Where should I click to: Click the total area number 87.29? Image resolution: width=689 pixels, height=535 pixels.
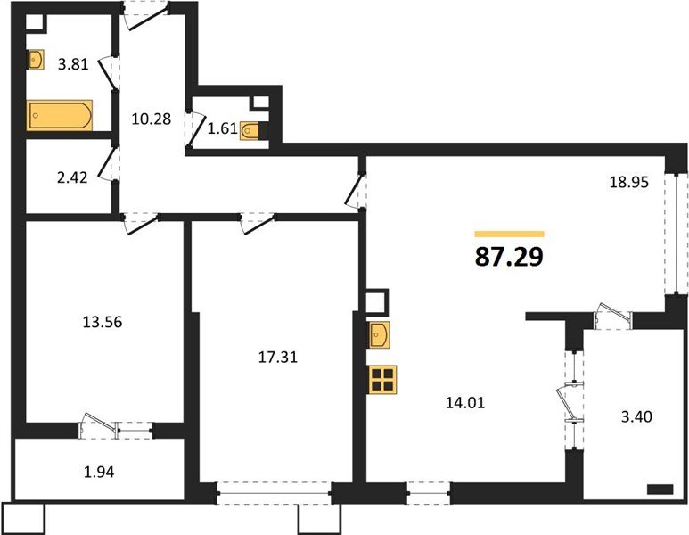click(x=509, y=257)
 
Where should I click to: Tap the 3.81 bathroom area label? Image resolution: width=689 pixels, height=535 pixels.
click(x=73, y=64)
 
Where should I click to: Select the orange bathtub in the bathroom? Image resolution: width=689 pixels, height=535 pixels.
click(x=60, y=115)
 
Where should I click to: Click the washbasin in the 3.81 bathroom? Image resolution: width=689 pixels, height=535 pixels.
click(x=36, y=60)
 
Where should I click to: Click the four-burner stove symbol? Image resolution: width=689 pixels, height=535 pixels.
click(x=382, y=379)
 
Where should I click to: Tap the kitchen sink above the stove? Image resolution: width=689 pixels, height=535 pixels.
click(x=379, y=335)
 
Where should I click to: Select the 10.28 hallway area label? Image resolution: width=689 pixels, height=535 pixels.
click(x=152, y=119)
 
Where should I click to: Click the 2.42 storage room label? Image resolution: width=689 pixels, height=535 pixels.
click(x=72, y=177)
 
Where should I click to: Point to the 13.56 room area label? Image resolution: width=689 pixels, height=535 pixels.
click(x=103, y=322)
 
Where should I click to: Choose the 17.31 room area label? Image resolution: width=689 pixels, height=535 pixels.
click(x=278, y=357)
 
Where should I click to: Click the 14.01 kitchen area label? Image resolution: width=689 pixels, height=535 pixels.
click(x=465, y=403)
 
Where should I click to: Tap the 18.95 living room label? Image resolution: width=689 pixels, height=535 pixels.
click(x=628, y=182)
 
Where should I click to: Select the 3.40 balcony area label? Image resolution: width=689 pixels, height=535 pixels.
click(x=636, y=416)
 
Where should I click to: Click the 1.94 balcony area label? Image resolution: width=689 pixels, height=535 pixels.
click(x=99, y=472)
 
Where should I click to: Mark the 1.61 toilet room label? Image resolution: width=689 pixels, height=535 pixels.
click(x=222, y=128)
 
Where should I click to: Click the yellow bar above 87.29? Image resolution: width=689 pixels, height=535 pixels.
click(x=510, y=234)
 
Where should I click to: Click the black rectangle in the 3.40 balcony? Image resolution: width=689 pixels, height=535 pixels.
click(x=660, y=490)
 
